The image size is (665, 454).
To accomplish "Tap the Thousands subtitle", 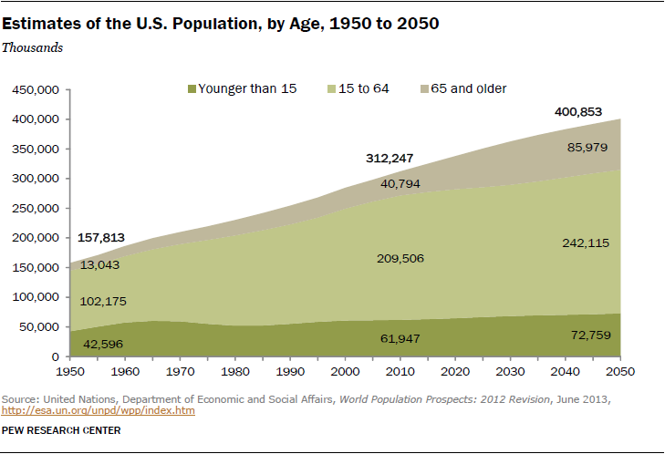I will click(x=32, y=47).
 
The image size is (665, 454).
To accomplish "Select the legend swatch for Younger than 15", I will click(x=191, y=89).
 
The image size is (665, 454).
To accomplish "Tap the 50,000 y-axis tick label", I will click(x=39, y=327).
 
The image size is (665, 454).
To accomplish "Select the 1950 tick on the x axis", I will click(x=70, y=372).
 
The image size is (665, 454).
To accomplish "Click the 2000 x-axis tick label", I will click(x=345, y=372).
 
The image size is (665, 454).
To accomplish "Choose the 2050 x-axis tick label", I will click(x=619, y=372).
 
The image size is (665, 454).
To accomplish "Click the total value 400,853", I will click(x=579, y=111).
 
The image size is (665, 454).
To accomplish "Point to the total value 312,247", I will click(x=389, y=159).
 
